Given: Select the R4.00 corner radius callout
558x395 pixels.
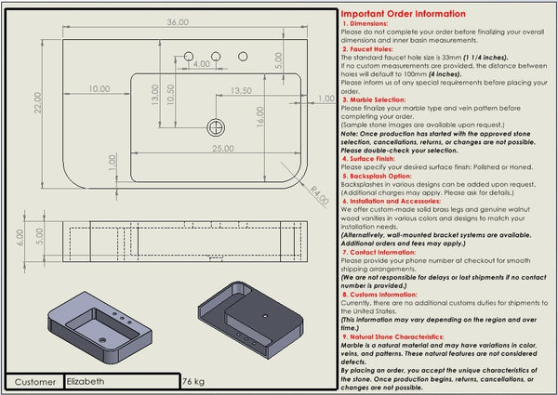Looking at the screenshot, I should pos(319,195).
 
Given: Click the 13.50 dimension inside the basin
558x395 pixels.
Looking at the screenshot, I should pos(240,91).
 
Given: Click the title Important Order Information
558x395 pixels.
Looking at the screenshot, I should pos(404,14).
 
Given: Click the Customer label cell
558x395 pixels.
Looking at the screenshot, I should pos(35,381).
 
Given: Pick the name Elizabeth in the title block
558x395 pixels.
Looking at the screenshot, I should pos(86,381).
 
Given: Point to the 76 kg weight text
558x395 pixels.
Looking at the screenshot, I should pos(193,381).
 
